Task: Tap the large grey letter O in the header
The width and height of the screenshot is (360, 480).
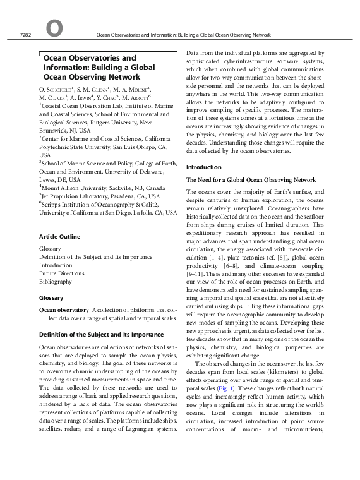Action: point(54,29)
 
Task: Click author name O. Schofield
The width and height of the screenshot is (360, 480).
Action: point(57,90)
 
